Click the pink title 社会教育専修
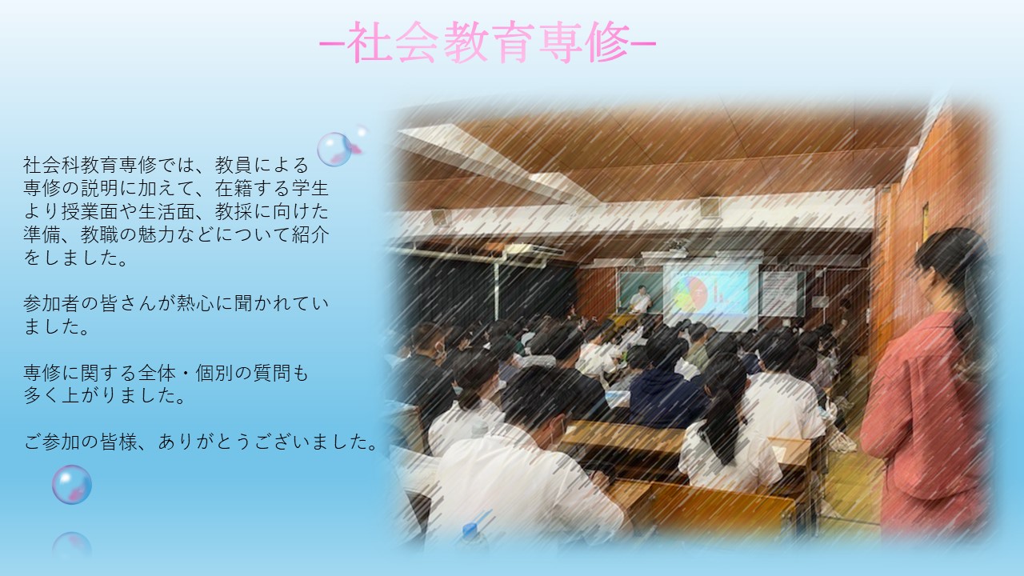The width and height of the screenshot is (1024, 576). point(488,42)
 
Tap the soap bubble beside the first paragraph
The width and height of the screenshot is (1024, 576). point(334,149)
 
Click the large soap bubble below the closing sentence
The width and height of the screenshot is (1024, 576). point(72,485)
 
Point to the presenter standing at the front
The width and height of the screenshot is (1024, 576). point(641,300)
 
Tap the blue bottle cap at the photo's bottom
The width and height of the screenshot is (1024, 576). point(471,530)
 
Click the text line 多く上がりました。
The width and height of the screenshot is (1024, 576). point(105,396)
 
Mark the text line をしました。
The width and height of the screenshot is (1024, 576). point(76,258)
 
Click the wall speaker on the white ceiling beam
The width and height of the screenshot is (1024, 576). point(710,206)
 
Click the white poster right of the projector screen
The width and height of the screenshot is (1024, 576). point(780,293)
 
